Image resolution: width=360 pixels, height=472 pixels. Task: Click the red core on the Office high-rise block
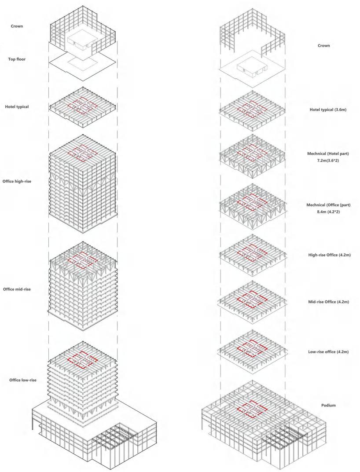tap(84, 154)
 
